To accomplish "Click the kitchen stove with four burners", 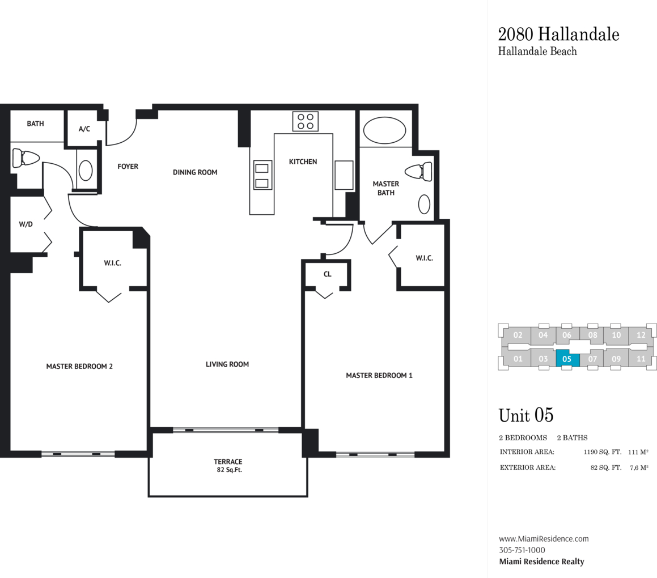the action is (x=306, y=121).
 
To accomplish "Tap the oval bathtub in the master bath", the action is (x=385, y=131).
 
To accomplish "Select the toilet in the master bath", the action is (x=418, y=172).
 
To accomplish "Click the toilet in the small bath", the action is (x=26, y=158).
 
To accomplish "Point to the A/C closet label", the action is (x=84, y=129).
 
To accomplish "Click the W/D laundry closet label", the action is (x=26, y=224).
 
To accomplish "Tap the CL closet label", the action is (x=327, y=274).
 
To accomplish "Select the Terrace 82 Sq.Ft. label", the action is (x=228, y=465).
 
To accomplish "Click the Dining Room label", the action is (x=195, y=172).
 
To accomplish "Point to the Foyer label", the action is (x=128, y=166).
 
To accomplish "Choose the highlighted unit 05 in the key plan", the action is (x=567, y=359).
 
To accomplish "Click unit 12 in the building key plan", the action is (x=641, y=335).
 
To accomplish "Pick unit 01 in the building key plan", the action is (x=518, y=359).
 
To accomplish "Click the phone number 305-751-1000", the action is (x=522, y=550).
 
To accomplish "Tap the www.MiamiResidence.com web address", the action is (x=544, y=539).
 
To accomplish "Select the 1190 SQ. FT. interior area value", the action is (x=603, y=452).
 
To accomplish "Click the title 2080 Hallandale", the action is (x=558, y=35).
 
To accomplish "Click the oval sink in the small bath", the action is (x=86, y=171).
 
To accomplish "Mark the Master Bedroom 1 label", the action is (x=379, y=375).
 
